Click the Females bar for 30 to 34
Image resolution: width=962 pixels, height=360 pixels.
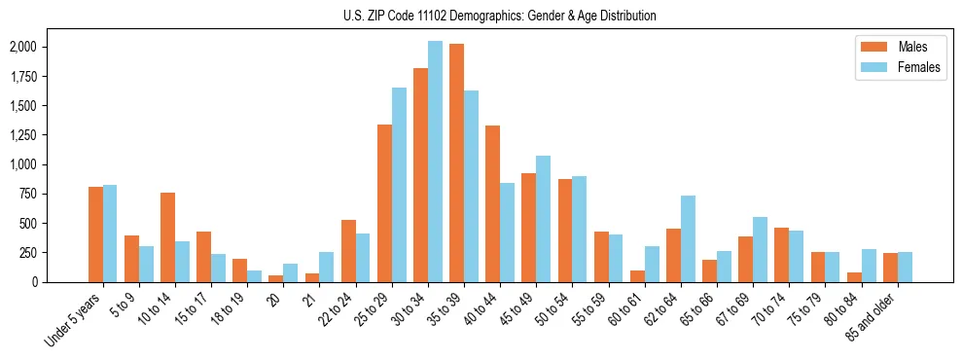[x=436, y=162]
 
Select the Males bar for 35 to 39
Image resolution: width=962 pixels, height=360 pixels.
[x=457, y=162]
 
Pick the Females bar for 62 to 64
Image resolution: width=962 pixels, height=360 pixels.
[x=688, y=238]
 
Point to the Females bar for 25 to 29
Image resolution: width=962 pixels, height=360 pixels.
[x=400, y=185]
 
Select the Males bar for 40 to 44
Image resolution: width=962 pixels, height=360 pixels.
[x=493, y=203]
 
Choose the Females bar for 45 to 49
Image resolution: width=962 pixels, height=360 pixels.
[x=544, y=219]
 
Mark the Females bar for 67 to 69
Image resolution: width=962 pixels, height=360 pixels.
[x=760, y=249]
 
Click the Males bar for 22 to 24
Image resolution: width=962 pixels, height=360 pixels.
[x=349, y=251]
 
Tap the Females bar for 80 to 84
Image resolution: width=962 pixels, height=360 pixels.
[x=868, y=266]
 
